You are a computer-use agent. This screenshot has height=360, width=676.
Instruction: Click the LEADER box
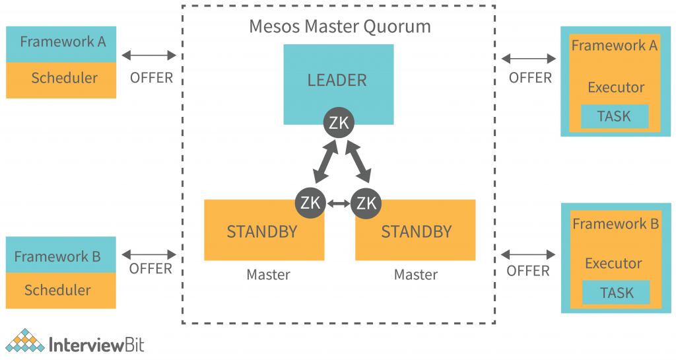pos(338,79)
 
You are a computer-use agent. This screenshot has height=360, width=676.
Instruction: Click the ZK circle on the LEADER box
pos(339,122)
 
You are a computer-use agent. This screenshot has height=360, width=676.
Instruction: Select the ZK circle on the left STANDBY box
pos(310,202)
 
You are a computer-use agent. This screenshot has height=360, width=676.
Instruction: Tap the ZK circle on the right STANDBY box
pos(366,202)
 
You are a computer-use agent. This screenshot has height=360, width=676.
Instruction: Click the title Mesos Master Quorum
pos(339,26)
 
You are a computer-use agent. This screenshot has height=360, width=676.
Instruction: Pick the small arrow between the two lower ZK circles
pos(339,203)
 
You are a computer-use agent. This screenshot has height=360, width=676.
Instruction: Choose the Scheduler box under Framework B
pos(61,291)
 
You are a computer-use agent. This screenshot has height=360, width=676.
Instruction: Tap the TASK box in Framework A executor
pos(614,116)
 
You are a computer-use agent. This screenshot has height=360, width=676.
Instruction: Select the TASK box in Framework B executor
pos(615,293)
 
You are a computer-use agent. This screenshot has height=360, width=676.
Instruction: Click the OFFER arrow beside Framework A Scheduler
pos(149,55)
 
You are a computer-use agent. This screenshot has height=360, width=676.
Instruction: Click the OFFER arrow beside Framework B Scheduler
pos(149,253)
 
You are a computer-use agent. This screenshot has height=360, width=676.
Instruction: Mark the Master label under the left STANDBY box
pos(268,275)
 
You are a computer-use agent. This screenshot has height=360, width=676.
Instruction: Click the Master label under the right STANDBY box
pos(416,275)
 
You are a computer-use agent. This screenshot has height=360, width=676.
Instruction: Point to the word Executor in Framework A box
pos(616,87)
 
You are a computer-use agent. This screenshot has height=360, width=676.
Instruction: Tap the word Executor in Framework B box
pos(613,264)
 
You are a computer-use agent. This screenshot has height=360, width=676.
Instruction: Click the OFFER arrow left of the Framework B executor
pos(528,254)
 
